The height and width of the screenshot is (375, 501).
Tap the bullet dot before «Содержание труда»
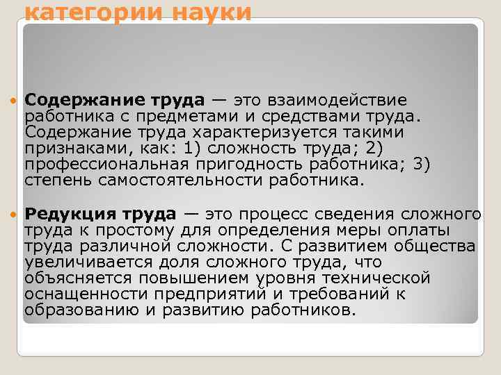tap(14, 101)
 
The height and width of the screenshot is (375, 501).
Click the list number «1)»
tap(184, 149)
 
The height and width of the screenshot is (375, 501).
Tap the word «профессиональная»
tap(104, 165)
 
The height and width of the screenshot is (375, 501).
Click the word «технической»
tap(382, 278)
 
